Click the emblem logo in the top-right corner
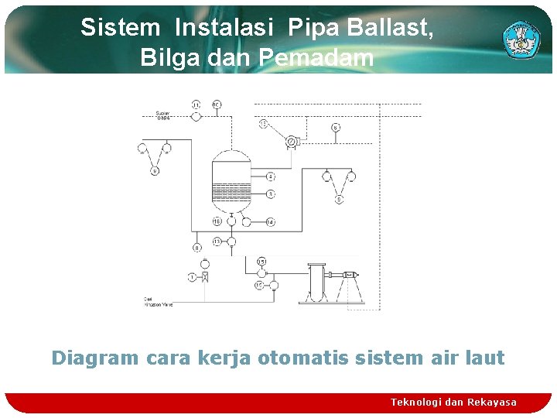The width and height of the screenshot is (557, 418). (x=521, y=39)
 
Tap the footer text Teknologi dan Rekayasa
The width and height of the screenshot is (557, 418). (x=453, y=402)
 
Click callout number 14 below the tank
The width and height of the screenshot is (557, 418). (x=270, y=222)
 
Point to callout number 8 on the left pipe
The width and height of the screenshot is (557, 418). (x=197, y=248)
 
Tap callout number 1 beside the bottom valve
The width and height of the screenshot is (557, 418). (x=191, y=276)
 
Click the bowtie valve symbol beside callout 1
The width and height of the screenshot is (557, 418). (x=205, y=276)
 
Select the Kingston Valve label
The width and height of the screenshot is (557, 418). (x=158, y=303)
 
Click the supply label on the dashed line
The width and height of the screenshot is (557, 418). (x=163, y=117)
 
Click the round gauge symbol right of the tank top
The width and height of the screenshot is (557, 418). (x=292, y=141)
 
